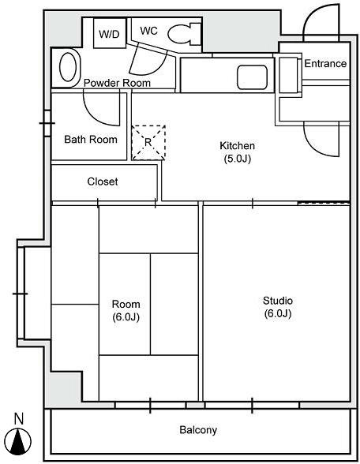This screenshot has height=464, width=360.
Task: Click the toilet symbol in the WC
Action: pos(184,33)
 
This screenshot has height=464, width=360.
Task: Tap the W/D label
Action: pos(109,35)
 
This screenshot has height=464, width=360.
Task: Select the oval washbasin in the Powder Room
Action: pos(68,67)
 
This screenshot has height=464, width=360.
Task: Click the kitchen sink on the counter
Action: pos(253,77)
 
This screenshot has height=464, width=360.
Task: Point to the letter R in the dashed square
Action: pos(148,142)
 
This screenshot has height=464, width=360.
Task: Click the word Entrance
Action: pos(325,64)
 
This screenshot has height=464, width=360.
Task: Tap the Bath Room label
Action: pos(91,140)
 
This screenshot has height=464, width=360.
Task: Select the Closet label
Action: pos(103,181)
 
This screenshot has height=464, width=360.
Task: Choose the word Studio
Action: pos(278,301)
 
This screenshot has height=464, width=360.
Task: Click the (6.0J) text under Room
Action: pos(126,317)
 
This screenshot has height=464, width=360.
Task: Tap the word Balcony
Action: pos(198,430)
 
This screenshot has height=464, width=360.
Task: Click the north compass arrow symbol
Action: pos(19,442)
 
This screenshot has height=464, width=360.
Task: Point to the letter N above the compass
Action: pos(19,419)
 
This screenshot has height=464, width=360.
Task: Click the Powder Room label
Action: pos(117,83)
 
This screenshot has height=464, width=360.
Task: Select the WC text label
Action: pos(148,31)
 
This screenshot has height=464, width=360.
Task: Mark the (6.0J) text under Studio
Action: pos(278,313)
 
